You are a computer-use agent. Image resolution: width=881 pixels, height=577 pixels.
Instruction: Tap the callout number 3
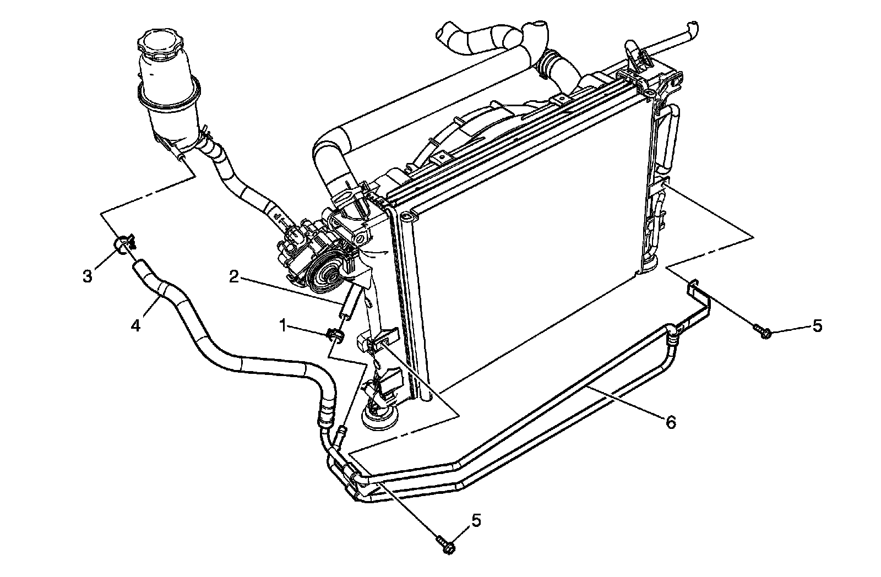(x=88, y=276)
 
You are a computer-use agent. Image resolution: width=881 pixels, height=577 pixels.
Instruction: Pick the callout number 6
(x=670, y=422)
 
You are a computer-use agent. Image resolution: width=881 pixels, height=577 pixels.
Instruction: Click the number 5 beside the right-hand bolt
(x=817, y=326)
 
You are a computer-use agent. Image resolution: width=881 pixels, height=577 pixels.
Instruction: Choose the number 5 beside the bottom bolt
(x=476, y=520)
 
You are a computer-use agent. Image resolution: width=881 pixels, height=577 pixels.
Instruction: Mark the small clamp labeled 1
(x=334, y=334)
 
